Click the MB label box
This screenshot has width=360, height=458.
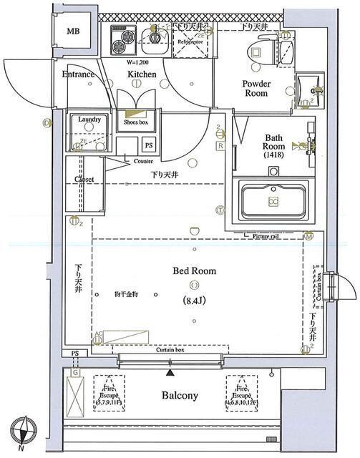[74, 32]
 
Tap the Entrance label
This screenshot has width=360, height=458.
[78, 74]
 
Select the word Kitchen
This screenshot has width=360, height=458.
[142, 74]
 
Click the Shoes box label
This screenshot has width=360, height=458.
[135, 122]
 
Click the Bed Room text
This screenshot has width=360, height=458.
[194, 271]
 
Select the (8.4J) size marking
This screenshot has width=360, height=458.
[194, 300]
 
